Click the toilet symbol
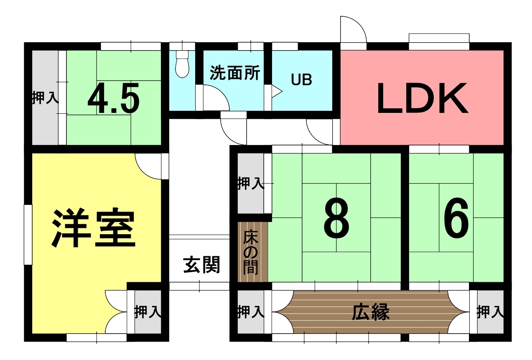click(x=182, y=64)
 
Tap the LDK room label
click(x=422, y=98)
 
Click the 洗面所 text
click(x=235, y=72)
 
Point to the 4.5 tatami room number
click(x=114, y=98)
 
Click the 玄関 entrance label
click(x=201, y=265)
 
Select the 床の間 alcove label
click(x=251, y=255)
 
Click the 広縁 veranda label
click(x=371, y=312)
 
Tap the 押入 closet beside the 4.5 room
click(x=45, y=97)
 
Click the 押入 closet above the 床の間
click(x=251, y=183)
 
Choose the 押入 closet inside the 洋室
click(x=148, y=312)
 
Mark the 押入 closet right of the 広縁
click(x=490, y=312)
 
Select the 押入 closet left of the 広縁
click(x=251, y=312)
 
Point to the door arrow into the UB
click(x=277, y=92)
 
